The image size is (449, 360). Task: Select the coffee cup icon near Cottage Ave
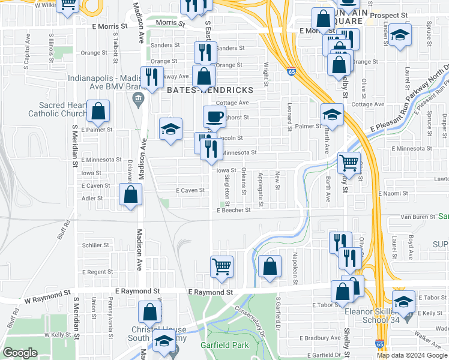(x=214, y=116)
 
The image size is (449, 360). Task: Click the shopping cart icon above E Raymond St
(x=222, y=266)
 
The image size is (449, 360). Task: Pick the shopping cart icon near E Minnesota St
(x=349, y=161)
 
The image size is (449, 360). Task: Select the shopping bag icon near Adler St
(x=130, y=194)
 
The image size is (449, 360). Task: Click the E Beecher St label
(x=233, y=211)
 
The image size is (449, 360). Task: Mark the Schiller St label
(x=95, y=245)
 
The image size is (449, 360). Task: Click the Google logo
(x=20, y=353)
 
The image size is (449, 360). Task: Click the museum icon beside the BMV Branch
(x=139, y=98)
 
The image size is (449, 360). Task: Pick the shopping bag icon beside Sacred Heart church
(x=97, y=111)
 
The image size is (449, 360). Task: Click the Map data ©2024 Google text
(x=412, y=355)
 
